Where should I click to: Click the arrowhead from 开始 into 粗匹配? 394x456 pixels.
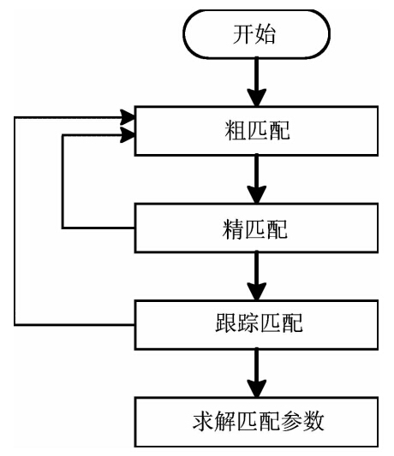[x=257, y=98]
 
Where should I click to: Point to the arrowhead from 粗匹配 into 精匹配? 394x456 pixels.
[x=257, y=194]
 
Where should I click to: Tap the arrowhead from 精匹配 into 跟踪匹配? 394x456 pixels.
[x=257, y=291]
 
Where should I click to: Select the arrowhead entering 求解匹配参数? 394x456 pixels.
[x=257, y=388]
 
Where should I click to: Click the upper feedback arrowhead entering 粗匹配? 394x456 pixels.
[x=128, y=117]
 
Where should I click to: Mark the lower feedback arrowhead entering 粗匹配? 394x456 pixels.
[x=128, y=135]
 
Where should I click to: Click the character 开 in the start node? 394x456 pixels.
[x=243, y=34]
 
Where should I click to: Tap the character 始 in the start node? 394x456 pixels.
[x=265, y=34]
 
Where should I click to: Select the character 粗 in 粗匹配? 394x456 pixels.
[x=236, y=131]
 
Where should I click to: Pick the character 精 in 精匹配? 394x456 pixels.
[x=233, y=229]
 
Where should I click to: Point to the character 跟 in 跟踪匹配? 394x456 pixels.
[x=225, y=323]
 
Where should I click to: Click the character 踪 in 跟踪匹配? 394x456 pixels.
[x=248, y=323]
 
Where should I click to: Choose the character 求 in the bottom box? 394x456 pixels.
[x=203, y=421]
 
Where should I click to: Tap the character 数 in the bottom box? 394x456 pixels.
[x=313, y=421]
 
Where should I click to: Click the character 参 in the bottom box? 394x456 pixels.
[x=291, y=421]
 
